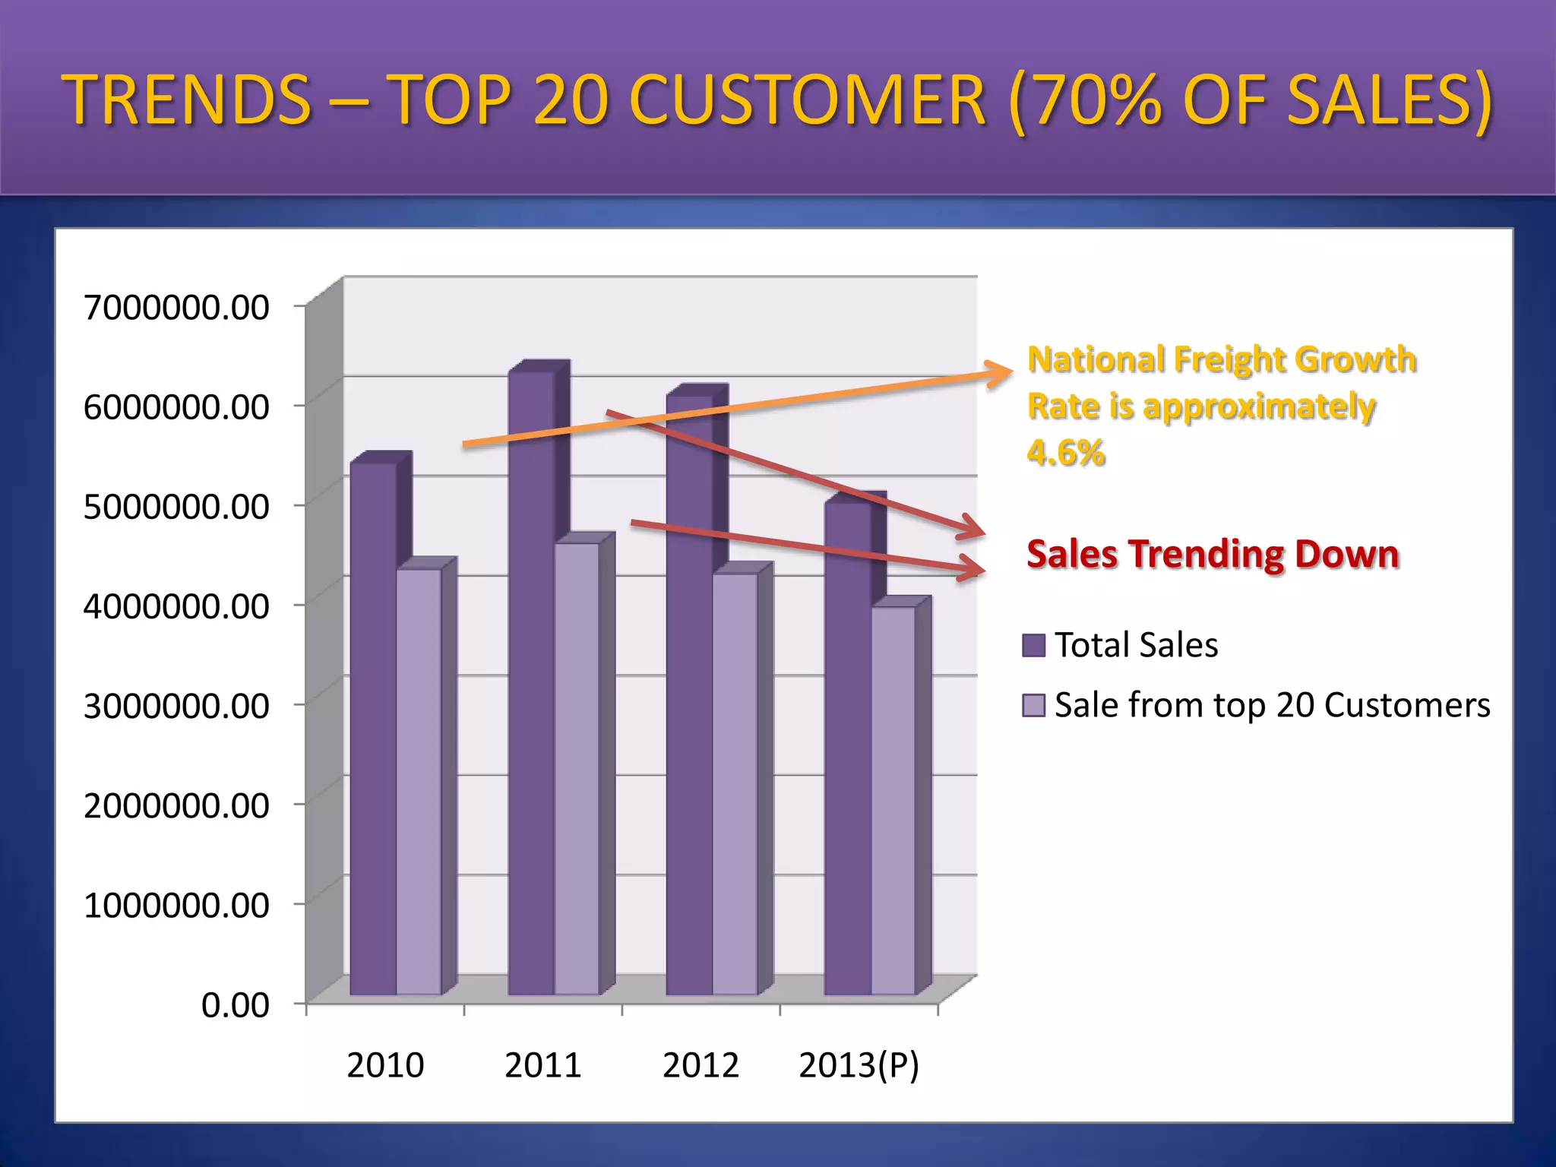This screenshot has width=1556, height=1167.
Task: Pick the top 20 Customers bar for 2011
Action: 577,768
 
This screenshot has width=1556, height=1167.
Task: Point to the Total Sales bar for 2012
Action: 689,694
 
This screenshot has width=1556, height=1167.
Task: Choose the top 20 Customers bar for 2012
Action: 735,783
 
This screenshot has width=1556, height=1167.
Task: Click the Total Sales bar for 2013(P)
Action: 847,748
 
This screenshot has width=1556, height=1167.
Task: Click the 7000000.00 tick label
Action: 176,308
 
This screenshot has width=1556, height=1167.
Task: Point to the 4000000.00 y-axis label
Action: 176,606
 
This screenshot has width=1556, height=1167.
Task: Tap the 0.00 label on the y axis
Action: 235,1005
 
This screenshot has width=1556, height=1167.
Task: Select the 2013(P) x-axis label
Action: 859,1065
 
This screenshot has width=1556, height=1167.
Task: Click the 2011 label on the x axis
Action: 542,1065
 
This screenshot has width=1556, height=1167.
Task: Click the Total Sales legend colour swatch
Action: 1033,645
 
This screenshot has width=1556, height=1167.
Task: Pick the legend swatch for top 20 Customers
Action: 1033,705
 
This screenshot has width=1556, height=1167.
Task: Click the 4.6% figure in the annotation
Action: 1065,453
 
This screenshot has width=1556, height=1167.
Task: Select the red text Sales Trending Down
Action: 1213,554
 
